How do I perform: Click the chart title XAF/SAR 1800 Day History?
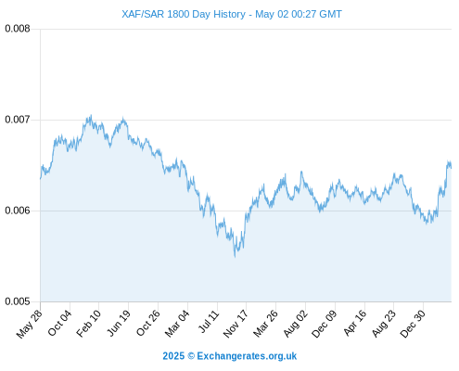coord(184,14)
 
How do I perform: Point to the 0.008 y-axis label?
coord(18,29)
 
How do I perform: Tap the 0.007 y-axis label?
coord(18,120)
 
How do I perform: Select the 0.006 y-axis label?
coord(18,211)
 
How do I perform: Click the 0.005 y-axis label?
coord(18,301)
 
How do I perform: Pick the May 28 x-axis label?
coord(30,324)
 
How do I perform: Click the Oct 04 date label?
coord(59,323)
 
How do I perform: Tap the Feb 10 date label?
coord(89,324)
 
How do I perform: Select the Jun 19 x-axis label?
coord(119,323)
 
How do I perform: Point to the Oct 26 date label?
coord(148,323)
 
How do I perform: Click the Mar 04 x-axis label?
coord(177,324)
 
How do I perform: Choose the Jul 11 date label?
coord(209,322)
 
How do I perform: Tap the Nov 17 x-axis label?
coord(236,324)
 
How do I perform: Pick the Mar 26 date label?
coord(265,324)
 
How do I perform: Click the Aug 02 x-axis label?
coord(296,324)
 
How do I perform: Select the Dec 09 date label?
coord(325,324)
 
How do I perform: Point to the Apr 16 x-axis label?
coord(355,323)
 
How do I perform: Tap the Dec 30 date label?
coord(413,324)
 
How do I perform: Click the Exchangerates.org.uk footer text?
coord(247,356)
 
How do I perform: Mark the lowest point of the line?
coord(236,257)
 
